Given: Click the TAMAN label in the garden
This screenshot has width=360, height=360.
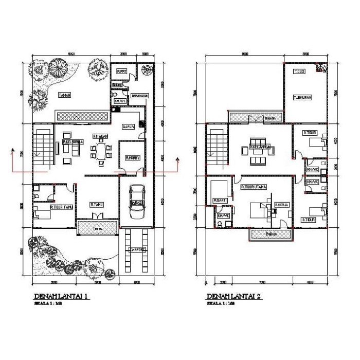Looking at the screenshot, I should point(64,95).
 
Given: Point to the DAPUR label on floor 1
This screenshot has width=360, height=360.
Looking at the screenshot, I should point(128,127).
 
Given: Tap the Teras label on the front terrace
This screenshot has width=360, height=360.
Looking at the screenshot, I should point(96,227).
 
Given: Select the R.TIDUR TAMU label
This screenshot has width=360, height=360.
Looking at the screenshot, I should point(61,207).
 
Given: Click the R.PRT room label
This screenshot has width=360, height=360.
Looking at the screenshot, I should point(121,71).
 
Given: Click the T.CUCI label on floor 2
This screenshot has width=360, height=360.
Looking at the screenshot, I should point(299,71).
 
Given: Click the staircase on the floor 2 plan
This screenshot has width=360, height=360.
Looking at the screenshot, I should point(216,147).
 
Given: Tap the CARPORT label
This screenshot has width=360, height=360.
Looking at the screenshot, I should point(136,249).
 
